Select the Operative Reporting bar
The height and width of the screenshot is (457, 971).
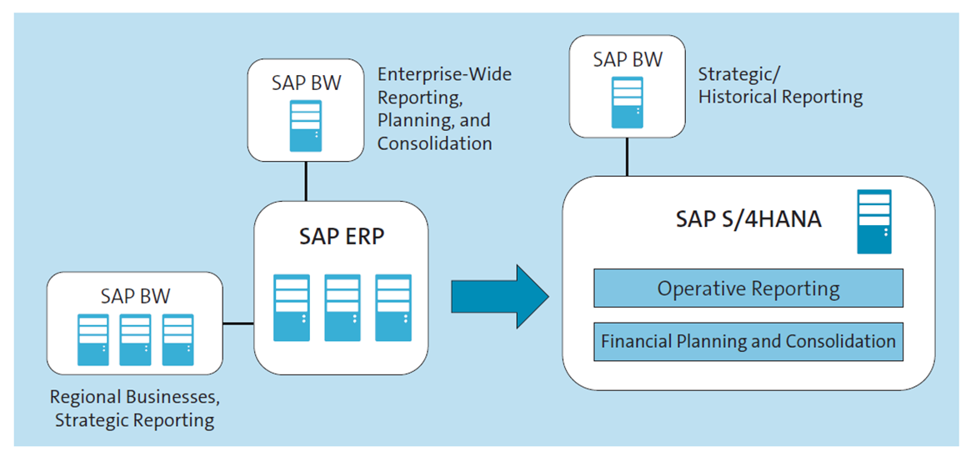(x=748, y=289)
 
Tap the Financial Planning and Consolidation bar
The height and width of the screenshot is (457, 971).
(x=748, y=341)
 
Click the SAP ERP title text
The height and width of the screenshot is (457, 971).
(x=342, y=237)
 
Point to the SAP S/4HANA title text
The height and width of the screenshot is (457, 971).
(x=748, y=219)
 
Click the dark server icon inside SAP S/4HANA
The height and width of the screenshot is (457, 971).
(x=873, y=222)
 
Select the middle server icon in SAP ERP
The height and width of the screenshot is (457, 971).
(x=342, y=308)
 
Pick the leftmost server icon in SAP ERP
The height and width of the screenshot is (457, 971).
(x=291, y=308)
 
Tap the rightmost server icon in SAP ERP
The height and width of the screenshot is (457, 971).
(x=393, y=308)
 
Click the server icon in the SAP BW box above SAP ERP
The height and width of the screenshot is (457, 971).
(x=306, y=125)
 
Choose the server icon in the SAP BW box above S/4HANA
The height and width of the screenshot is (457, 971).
(x=627, y=102)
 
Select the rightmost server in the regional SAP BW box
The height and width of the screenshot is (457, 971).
(x=178, y=339)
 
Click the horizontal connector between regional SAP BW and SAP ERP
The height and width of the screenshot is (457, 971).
(x=238, y=323)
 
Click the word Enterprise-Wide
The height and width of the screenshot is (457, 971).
(x=444, y=75)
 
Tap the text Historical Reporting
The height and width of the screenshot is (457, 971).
(x=780, y=97)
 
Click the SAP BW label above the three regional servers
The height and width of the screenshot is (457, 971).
(x=135, y=295)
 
